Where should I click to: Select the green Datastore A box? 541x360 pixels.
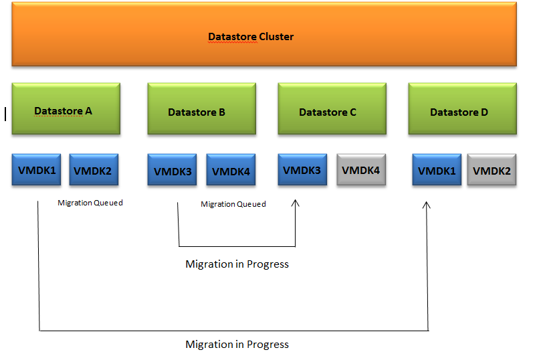tap(66, 109)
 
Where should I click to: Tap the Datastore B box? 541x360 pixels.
tap(201, 110)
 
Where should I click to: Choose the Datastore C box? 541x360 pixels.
tap(332, 110)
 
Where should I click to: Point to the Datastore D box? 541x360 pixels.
tap(462, 110)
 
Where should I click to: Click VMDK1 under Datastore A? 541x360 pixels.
tap(37, 170)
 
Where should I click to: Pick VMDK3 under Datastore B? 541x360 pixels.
tap(173, 171)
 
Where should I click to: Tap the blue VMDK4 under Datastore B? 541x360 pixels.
tap(231, 171)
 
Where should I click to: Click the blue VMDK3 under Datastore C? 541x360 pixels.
tap(302, 170)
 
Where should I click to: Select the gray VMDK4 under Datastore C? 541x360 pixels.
tap(361, 170)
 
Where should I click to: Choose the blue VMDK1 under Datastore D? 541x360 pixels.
tap(437, 170)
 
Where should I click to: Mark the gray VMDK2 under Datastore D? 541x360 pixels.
tap(492, 170)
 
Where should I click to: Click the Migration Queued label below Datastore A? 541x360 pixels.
tap(90, 203)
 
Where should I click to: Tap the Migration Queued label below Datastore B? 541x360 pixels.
tap(233, 204)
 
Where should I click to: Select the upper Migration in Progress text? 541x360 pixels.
tap(237, 264)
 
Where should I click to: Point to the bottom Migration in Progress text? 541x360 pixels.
tap(237, 345)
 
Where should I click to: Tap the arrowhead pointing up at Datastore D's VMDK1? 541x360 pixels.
tap(427, 205)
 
